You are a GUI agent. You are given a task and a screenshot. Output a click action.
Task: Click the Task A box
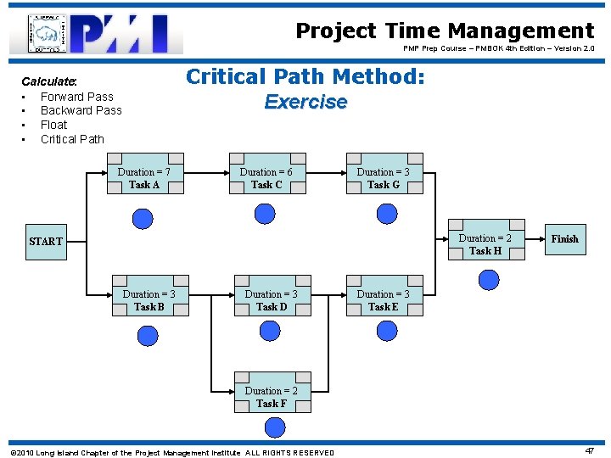144,178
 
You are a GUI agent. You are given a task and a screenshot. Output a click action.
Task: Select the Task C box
266,178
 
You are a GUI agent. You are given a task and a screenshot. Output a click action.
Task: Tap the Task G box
384,178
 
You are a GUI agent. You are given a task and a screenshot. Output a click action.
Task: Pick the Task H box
485,244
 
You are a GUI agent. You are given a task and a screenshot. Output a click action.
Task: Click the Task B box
149,300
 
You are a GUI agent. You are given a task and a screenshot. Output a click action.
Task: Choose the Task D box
272,300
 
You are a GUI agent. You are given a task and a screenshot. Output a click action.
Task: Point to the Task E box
384,300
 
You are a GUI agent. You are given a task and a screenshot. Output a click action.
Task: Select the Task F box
272,397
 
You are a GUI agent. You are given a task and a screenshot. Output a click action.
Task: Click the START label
46,242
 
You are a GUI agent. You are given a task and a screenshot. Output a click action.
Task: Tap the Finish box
564,239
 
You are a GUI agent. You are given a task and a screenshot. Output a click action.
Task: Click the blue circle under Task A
143,219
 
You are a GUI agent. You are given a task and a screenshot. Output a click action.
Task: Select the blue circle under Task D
271,336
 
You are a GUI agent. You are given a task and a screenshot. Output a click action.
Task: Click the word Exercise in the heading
305,102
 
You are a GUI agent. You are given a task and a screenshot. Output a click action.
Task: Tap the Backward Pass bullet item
81,110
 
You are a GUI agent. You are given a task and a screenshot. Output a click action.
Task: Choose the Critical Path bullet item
72,139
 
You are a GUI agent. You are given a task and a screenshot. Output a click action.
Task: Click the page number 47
590,452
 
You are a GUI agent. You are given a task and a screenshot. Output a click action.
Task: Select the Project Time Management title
445,31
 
